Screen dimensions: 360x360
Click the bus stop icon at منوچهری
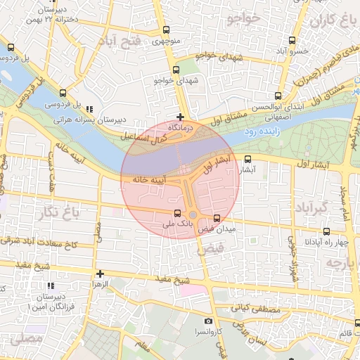[x=166, y=30]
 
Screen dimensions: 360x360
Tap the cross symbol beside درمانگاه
[x=181, y=117]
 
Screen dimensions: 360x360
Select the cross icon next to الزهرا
[x=100, y=274]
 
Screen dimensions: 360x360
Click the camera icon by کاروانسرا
[x=208, y=321]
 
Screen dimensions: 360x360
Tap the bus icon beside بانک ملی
[x=177, y=213]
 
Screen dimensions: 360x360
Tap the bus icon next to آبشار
[x=247, y=159]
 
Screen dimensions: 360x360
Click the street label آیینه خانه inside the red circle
[x=149, y=181]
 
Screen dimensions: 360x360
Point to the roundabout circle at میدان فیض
[x=193, y=215]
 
